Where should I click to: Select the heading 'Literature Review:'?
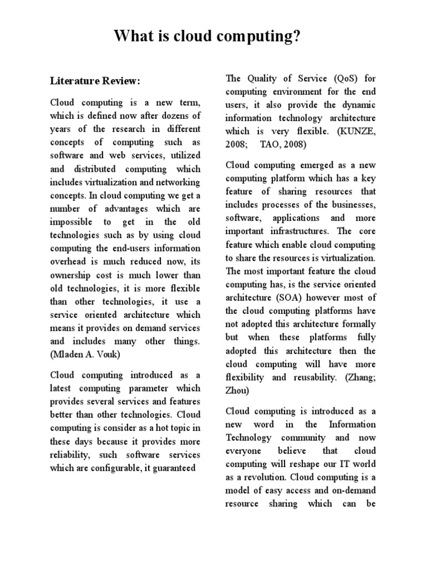pos(95,82)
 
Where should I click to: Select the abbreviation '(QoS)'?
pos(318,79)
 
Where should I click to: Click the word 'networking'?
pos(179,182)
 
